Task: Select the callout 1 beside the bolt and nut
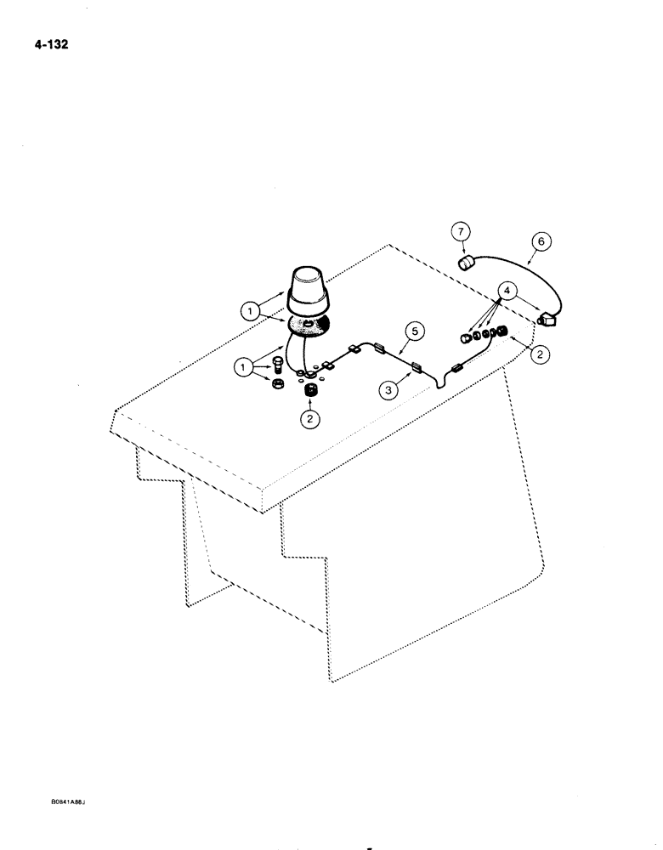point(246,368)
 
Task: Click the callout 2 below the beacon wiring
point(309,419)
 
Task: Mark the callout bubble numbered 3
point(388,389)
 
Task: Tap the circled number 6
point(540,242)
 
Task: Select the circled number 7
point(460,231)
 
